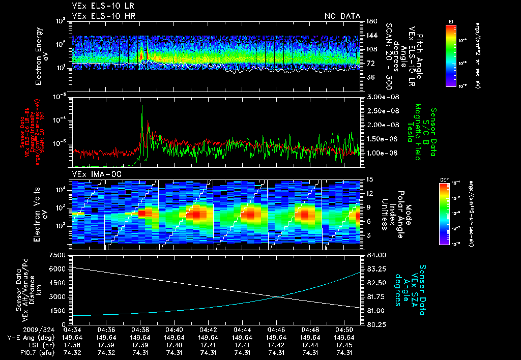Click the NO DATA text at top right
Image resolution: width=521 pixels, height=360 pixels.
click(x=342, y=16)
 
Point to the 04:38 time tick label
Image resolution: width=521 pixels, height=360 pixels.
click(x=140, y=329)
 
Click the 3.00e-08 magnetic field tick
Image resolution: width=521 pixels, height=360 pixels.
click(x=380, y=97)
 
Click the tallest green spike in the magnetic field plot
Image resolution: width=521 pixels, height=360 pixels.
click(x=142, y=106)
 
